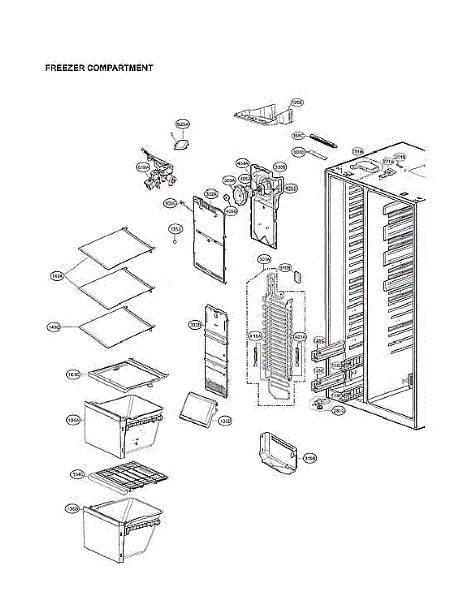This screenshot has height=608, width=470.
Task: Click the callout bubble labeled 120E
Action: pyautogui.click(x=297, y=103)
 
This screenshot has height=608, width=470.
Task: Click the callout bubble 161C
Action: pyautogui.click(x=74, y=375)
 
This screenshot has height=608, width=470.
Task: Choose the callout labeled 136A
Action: pyautogui.click(x=73, y=420)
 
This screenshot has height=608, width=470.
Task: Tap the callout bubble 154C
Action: pyautogui.click(x=77, y=474)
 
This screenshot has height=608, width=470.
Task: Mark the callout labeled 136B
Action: pyautogui.click(x=73, y=508)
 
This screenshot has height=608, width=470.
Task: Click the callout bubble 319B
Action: pyautogui.click(x=310, y=459)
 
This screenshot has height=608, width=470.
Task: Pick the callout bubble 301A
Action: pyautogui.click(x=264, y=259)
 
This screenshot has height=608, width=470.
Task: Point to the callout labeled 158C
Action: pyautogui.click(x=298, y=135)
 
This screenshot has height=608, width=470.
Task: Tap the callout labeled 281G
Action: pyautogui.click(x=339, y=411)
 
